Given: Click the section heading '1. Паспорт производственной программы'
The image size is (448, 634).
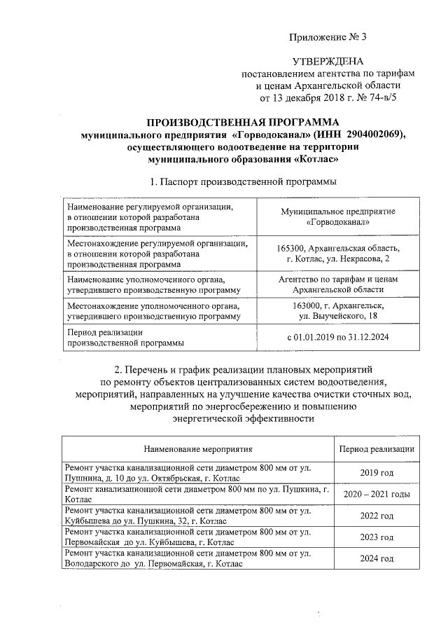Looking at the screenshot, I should tap(234, 182).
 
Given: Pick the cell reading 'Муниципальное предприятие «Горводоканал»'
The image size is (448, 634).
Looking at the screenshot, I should tap(338, 216).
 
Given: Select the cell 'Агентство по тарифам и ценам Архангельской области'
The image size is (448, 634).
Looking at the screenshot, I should tap(338, 284).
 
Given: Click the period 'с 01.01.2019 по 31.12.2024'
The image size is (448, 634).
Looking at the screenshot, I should tap(338, 337).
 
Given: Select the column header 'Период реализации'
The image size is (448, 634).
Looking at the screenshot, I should tap(376, 448).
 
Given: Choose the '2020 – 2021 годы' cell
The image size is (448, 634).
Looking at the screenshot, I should tap(376, 494).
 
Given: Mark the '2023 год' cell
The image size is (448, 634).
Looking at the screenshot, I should tap(376, 537).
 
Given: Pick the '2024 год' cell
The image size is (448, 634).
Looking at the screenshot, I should tap(376, 559).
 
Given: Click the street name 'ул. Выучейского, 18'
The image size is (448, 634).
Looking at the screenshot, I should tap(339, 318).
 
